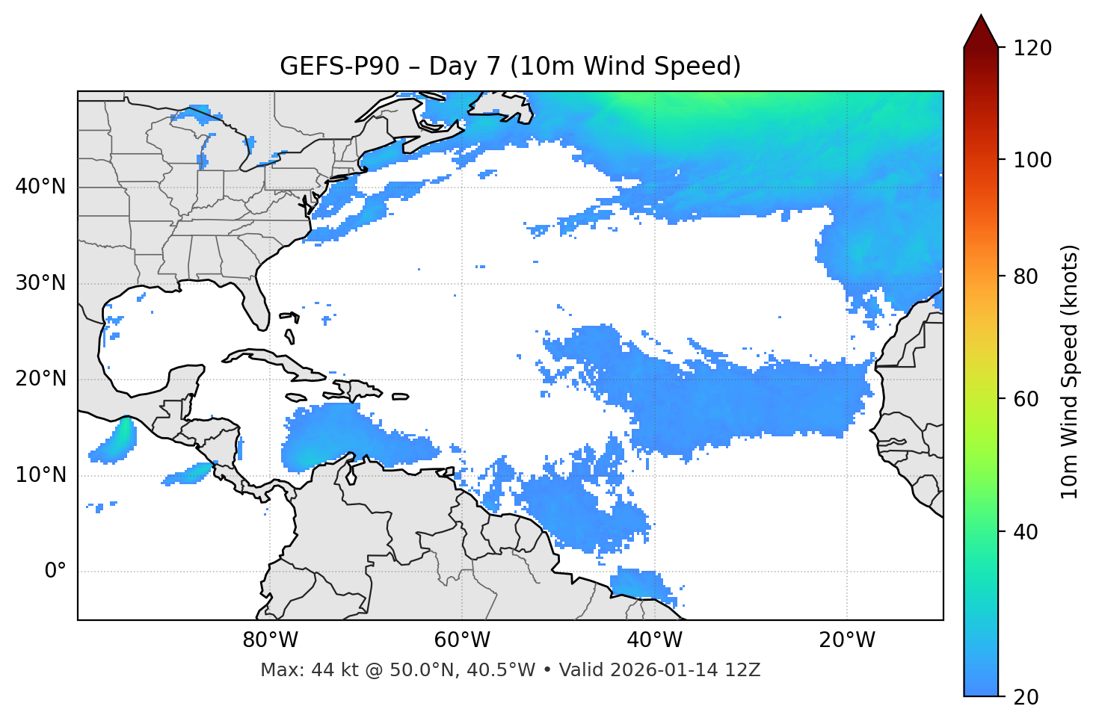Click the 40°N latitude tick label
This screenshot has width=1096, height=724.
coord(40,187)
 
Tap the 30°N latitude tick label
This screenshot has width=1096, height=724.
coord(40,283)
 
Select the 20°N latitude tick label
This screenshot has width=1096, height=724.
coord(40,379)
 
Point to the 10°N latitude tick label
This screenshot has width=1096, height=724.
coord(40,475)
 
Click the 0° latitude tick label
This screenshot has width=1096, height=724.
coord(55,572)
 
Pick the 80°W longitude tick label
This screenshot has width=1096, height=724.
coord(270,640)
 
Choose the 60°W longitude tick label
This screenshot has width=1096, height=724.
coord(462,640)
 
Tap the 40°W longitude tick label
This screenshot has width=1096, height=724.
coord(654,640)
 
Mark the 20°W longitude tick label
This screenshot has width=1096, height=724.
coord(846,640)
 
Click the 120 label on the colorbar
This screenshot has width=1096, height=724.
coord(1032,49)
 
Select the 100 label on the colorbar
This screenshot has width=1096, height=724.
coord(1032,160)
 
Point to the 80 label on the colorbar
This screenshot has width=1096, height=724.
coord(1027,276)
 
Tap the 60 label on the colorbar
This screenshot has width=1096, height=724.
coord(1027,399)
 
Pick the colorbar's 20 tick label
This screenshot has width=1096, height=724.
coord(1027,697)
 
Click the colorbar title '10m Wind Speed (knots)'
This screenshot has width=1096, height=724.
coord(1070,371)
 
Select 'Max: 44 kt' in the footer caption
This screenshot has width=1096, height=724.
coord(295,670)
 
